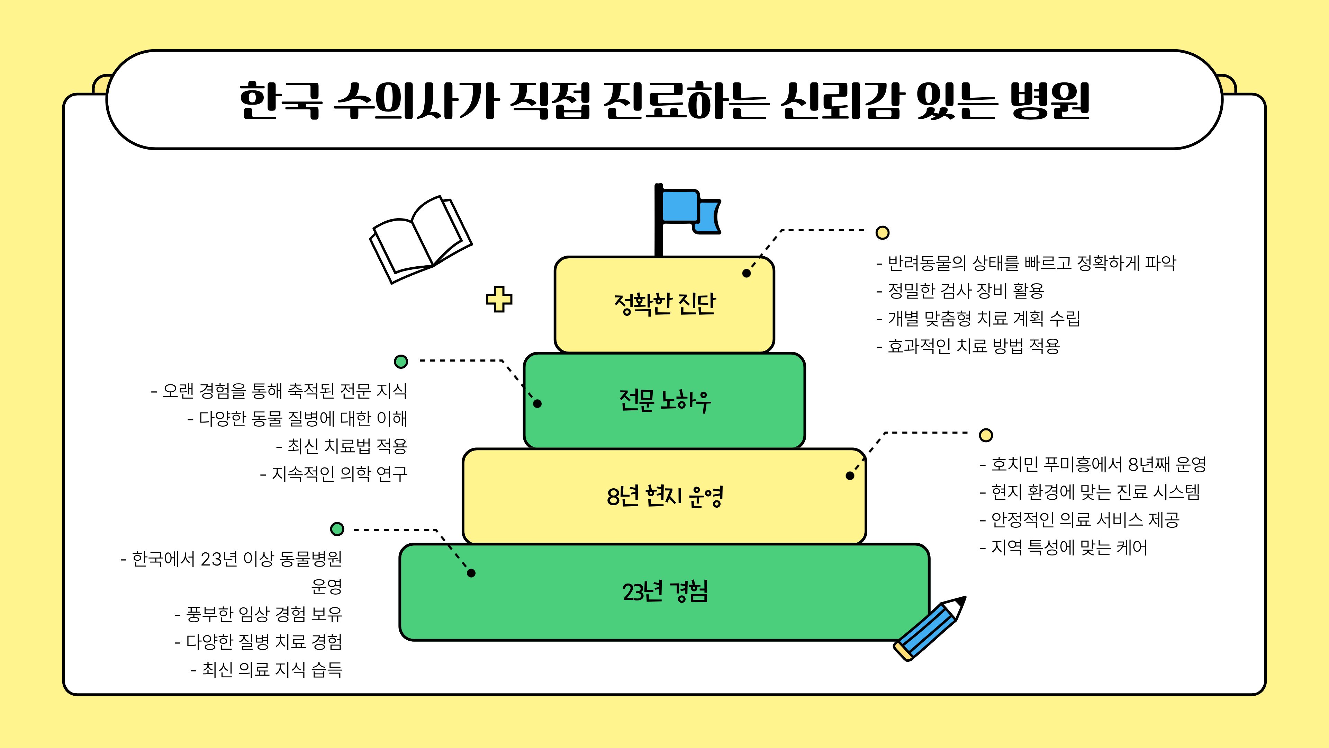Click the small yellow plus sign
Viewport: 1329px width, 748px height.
499,299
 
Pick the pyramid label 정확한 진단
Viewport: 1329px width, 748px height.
664,304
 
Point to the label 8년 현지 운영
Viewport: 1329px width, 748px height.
664,496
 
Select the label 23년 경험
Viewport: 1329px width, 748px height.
664,591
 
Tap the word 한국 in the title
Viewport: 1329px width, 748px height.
281,101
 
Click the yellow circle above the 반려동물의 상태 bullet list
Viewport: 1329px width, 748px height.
883,232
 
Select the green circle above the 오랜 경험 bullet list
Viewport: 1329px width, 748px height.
401,361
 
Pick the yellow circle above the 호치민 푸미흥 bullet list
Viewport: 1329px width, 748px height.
986,435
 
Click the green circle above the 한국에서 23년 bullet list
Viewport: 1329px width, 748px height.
337,528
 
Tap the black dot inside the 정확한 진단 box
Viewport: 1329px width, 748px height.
747,273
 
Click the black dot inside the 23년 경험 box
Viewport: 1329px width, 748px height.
471,573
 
